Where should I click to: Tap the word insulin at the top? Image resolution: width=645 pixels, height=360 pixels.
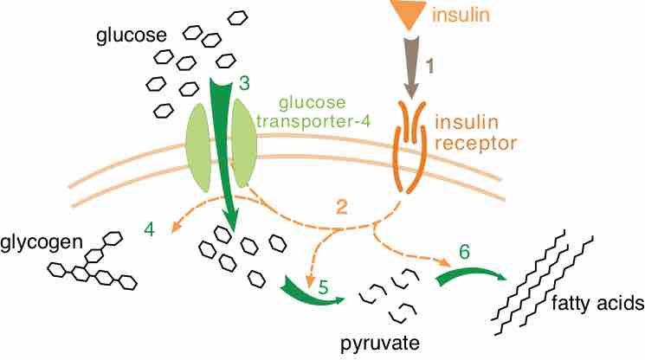459,15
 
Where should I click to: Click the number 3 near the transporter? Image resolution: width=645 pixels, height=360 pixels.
244,84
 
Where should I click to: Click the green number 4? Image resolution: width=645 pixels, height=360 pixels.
150,230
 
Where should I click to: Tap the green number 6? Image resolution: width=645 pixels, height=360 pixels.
464,253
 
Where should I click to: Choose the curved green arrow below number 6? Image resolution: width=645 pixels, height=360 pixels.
472,275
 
